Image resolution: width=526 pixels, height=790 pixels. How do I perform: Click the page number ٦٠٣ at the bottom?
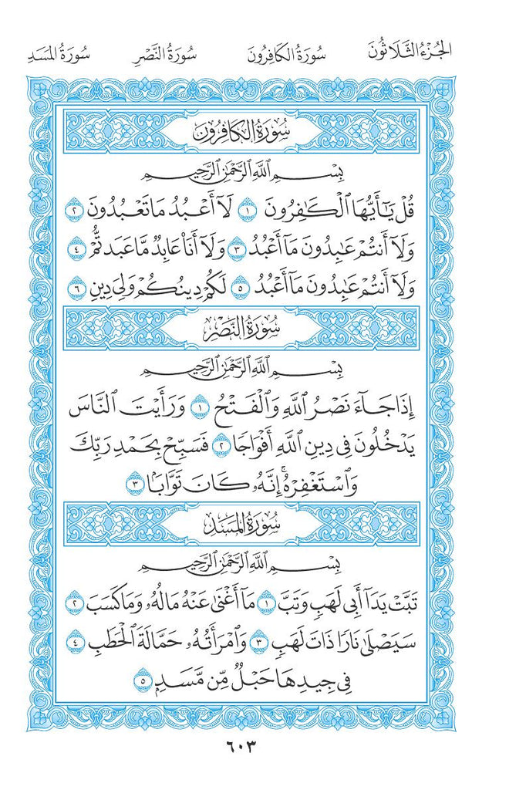pyautogui.click(x=263, y=746)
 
